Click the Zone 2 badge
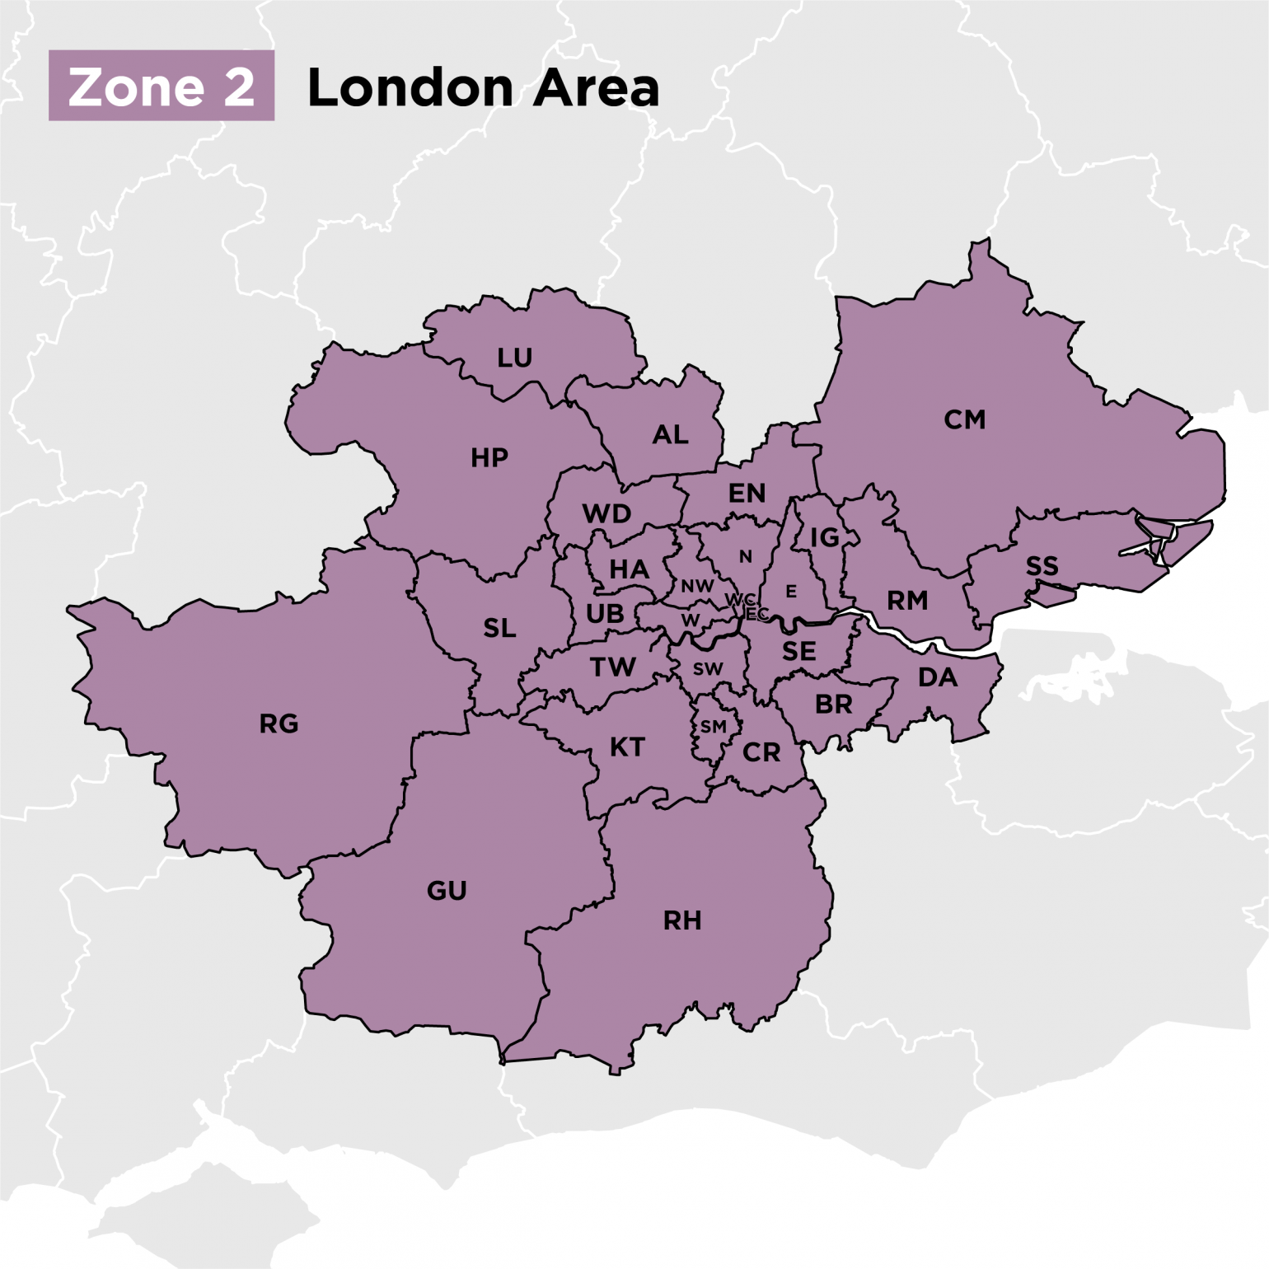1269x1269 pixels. tap(162, 86)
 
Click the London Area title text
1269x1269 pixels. tap(483, 87)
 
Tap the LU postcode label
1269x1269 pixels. tap(514, 358)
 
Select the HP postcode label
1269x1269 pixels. tap(489, 457)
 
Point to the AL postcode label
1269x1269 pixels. tap(670, 434)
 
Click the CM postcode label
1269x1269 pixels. tap(964, 419)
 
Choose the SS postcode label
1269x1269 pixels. tap(1042, 566)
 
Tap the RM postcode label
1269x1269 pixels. tap(907, 600)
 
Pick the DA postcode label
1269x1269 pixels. tap(938, 677)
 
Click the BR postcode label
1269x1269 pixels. tap(833, 705)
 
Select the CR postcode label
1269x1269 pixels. tap(761, 752)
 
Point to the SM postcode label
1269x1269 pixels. tap(713, 726)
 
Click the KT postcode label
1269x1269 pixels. tap(627, 747)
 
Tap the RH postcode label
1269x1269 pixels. tap(682, 920)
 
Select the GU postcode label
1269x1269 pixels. tap(447, 890)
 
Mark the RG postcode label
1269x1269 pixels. tap(279, 723)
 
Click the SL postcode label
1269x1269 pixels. tap(499, 628)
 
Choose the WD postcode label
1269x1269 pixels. tap(606, 513)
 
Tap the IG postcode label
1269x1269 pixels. tap(824, 537)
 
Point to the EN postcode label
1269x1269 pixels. tap(747, 493)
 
